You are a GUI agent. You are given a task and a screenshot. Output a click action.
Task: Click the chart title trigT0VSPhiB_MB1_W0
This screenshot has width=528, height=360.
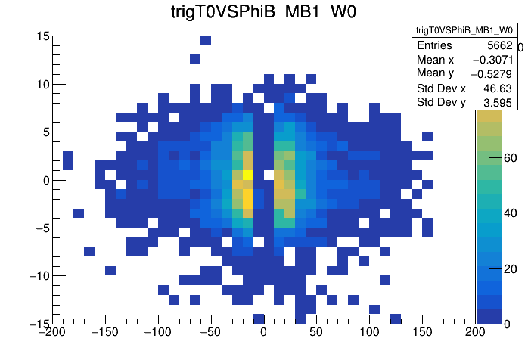[262, 13]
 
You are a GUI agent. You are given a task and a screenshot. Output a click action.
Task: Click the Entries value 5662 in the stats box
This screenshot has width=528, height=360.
[498, 46]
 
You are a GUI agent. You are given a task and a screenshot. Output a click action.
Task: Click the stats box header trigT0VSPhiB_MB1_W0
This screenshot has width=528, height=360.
[464, 30]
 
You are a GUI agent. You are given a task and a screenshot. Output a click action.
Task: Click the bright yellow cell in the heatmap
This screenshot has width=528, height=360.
[247, 175]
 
